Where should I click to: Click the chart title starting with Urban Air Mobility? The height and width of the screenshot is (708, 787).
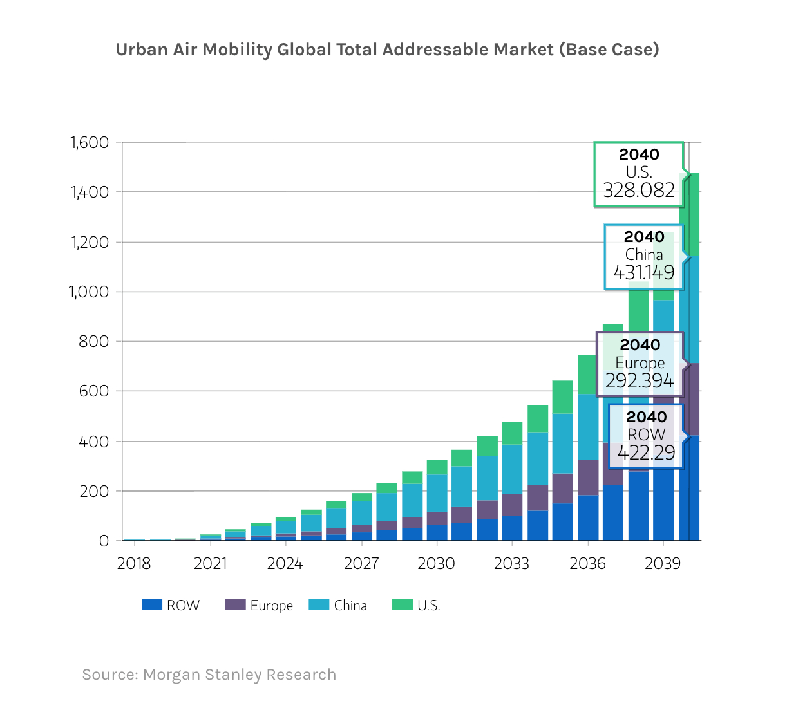[387, 50]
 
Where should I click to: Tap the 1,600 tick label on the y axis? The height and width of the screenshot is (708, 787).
[90, 142]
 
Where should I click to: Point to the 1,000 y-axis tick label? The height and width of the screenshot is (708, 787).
[90, 292]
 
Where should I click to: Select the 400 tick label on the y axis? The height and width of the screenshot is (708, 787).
[94, 442]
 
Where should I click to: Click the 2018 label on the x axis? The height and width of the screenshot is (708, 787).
[134, 564]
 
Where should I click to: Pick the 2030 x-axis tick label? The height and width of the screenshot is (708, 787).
[436, 564]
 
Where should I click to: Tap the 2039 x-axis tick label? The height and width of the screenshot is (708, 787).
[663, 564]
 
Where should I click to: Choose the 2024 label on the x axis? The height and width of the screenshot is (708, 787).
[285, 564]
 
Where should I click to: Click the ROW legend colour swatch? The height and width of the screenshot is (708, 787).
[151, 605]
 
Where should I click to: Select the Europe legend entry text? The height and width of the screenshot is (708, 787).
[271, 606]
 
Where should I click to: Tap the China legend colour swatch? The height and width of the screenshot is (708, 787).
[319, 605]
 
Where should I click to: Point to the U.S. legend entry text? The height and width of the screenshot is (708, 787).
[428, 606]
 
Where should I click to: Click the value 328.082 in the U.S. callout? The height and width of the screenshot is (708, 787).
[639, 191]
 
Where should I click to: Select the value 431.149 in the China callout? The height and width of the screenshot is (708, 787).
[643, 273]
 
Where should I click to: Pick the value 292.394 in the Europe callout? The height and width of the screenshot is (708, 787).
[640, 381]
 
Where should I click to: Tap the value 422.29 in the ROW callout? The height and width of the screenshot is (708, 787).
[646, 453]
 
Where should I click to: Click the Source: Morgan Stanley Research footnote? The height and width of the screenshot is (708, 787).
[209, 675]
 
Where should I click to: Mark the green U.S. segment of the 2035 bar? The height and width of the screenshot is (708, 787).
[562, 396]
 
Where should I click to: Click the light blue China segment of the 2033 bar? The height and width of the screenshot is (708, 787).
[512, 469]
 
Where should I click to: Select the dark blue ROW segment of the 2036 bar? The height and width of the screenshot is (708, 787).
[587, 517]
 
